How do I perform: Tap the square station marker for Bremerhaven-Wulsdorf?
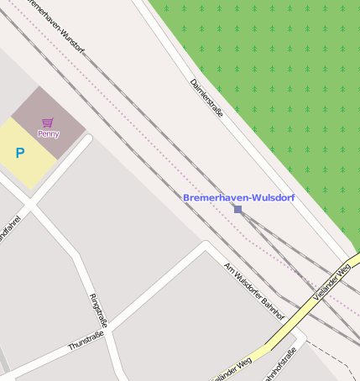pyautogui.click(x=238, y=209)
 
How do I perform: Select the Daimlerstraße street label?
pyautogui.click(x=206, y=97)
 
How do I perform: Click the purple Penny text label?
pyautogui.click(x=48, y=133)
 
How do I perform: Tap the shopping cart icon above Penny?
pyautogui.click(x=47, y=123)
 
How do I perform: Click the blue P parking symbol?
pyautogui.click(x=20, y=154)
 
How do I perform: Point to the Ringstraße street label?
pyautogui.click(x=98, y=311)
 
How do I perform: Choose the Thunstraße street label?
pyautogui.click(x=86, y=340)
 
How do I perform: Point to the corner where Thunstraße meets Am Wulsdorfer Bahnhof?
pyautogui.click(x=204, y=246)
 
